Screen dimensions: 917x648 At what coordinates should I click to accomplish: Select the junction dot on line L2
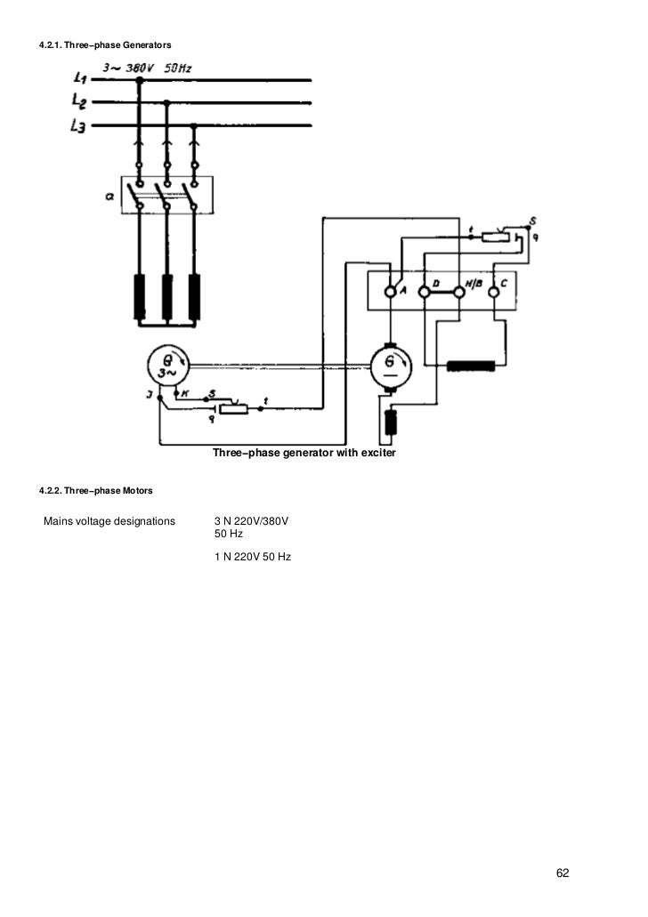coord(166,102)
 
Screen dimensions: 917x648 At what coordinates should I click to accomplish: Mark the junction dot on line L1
coord(139,78)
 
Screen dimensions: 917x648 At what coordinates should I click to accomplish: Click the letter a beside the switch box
coord(109,197)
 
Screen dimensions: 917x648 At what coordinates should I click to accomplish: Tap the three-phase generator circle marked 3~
coord(166,366)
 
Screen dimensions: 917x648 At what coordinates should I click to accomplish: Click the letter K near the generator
coord(185,391)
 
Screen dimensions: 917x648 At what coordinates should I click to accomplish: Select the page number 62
coord(563,873)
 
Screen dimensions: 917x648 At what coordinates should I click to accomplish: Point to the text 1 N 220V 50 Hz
coord(253,557)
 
